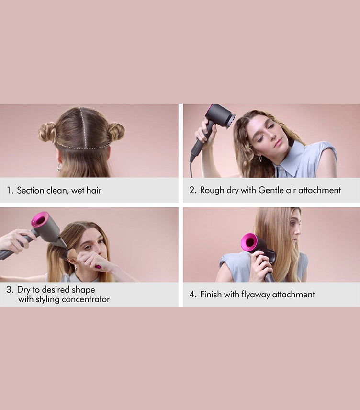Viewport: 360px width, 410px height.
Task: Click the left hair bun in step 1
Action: [x=47, y=132]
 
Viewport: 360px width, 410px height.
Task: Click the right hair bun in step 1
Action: [x=116, y=131]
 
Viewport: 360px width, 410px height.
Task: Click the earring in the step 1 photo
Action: [x=59, y=167]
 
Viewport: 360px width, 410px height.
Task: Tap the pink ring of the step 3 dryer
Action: [x=40, y=220]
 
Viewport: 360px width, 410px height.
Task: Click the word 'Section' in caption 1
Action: [x=31, y=190]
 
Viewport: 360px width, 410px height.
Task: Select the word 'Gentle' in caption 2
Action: [x=271, y=190]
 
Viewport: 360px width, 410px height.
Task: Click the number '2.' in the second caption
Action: [x=192, y=190]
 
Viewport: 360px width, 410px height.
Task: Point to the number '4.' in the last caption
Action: [x=192, y=295]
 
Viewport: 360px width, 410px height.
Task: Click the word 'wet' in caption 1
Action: [x=75, y=190]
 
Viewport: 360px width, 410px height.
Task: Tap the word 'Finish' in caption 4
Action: [x=211, y=295]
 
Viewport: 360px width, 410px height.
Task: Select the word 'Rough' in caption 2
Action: [x=212, y=190]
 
